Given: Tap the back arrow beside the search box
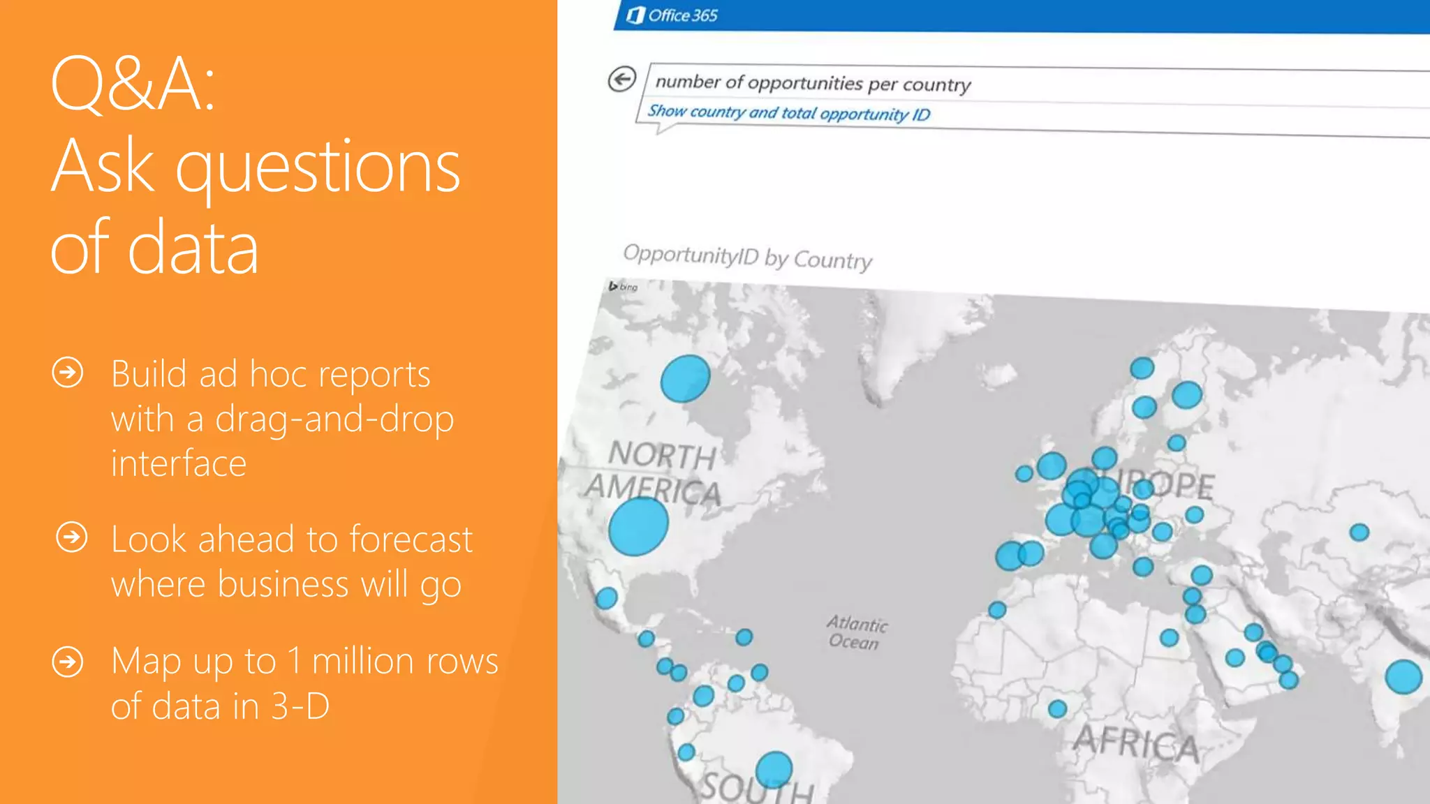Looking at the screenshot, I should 621,79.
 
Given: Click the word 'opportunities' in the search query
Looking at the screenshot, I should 805,83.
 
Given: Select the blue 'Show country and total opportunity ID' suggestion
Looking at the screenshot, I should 788,112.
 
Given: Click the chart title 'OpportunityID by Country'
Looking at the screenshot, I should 747,257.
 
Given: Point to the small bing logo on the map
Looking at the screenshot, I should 623,286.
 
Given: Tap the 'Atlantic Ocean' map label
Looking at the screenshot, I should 856,632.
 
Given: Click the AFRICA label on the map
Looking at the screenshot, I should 1136,743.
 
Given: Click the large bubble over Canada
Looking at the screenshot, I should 685,378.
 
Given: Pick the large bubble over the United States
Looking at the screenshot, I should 637,526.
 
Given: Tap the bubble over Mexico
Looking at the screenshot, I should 606,598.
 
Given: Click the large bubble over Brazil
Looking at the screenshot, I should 774,769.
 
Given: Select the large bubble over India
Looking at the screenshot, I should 1403,676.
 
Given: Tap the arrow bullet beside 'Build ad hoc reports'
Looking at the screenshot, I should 68,373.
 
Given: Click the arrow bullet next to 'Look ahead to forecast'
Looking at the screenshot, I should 72,537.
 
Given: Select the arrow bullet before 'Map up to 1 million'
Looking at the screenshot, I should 68,662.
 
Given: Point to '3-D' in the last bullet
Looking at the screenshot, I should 300,706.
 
